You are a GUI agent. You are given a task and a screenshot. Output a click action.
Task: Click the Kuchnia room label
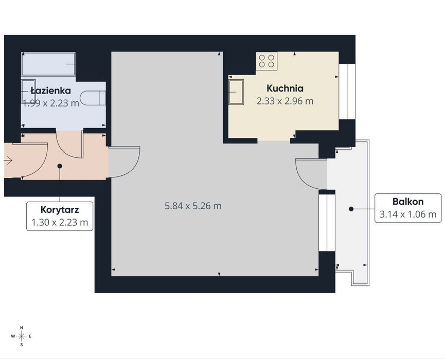click(285, 88)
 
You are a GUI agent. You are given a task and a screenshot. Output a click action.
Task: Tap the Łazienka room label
click(50, 91)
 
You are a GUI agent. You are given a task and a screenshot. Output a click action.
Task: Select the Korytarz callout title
click(60, 210)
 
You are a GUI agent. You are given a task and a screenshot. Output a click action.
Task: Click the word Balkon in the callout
click(408, 202)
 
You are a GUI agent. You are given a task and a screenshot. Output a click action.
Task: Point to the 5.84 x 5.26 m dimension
click(193, 206)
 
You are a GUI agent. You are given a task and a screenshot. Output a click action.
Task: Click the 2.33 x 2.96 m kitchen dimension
click(285, 101)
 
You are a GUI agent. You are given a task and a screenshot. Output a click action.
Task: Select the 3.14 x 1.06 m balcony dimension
click(408, 214)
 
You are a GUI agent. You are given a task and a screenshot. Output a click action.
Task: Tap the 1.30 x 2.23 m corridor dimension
click(60, 222)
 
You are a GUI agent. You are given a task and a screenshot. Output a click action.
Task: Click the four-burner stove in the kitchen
click(266, 61)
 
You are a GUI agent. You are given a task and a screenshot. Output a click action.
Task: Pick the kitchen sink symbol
click(236, 92)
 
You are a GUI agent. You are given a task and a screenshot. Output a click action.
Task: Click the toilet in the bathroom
click(93, 98)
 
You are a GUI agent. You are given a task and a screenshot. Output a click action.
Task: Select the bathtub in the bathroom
click(48, 64)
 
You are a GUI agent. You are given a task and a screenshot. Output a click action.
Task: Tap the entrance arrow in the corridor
click(8, 160)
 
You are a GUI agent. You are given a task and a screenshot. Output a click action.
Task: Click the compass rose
click(21, 336)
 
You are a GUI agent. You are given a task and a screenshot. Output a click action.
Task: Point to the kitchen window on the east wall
click(347, 92)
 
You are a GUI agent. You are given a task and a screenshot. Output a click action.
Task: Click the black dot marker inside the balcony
click(351, 209)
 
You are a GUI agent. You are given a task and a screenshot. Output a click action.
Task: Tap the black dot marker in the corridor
click(60, 166)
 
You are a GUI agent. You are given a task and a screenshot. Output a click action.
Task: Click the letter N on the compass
click(22, 328)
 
